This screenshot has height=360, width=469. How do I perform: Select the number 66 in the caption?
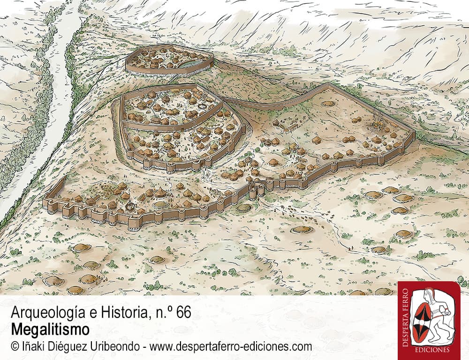click(183, 313)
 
